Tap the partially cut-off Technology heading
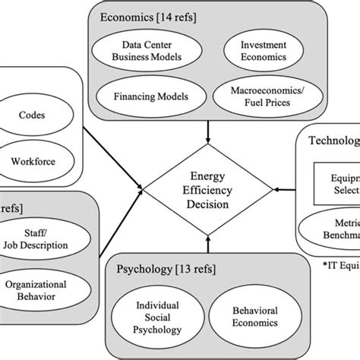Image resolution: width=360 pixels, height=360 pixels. click(333, 141)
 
